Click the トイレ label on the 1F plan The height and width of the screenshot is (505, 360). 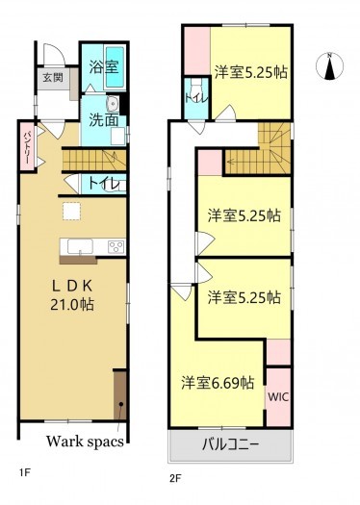[103, 183]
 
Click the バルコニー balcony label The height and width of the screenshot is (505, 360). [230, 445]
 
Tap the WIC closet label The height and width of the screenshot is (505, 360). [278, 395]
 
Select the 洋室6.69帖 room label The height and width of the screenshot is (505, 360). [219, 382]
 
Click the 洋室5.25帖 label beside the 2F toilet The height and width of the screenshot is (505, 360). [253, 71]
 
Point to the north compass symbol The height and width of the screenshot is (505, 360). [334, 67]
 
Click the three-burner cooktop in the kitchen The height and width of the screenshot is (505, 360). [115, 247]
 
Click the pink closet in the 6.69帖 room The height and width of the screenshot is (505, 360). [278, 353]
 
